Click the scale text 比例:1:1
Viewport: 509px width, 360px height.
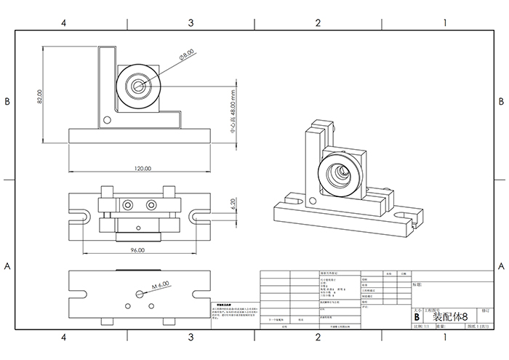point(421,328)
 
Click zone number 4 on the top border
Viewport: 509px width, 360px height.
point(64,23)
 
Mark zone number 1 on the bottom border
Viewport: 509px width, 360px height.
point(444,337)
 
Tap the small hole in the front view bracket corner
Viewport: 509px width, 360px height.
point(107,119)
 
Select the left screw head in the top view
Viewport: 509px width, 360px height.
point(128,203)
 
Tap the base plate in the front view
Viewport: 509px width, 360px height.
point(142,136)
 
